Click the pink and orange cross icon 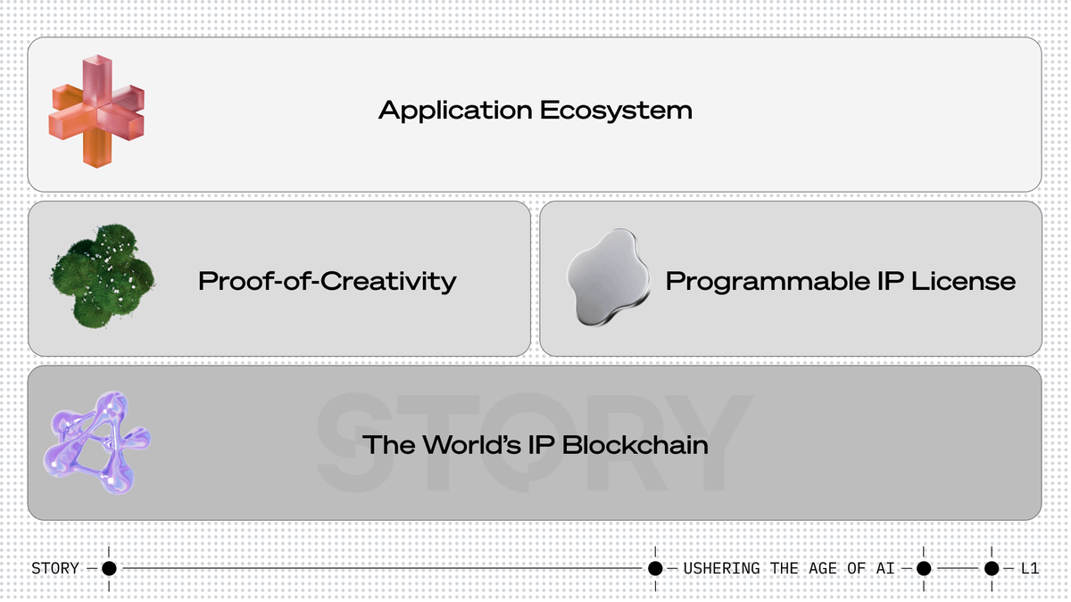(x=96, y=111)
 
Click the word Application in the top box (x=455, y=111)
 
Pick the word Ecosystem (x=616, y=111)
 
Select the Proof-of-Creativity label (x=327, y=282)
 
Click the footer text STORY (x=54, y=568)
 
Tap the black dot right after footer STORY (x=109, y=568)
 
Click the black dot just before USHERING (x=655, y=568)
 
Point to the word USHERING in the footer (x=721, y=568)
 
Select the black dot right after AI (x=924, y=568)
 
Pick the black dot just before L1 (x=992, y=568)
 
